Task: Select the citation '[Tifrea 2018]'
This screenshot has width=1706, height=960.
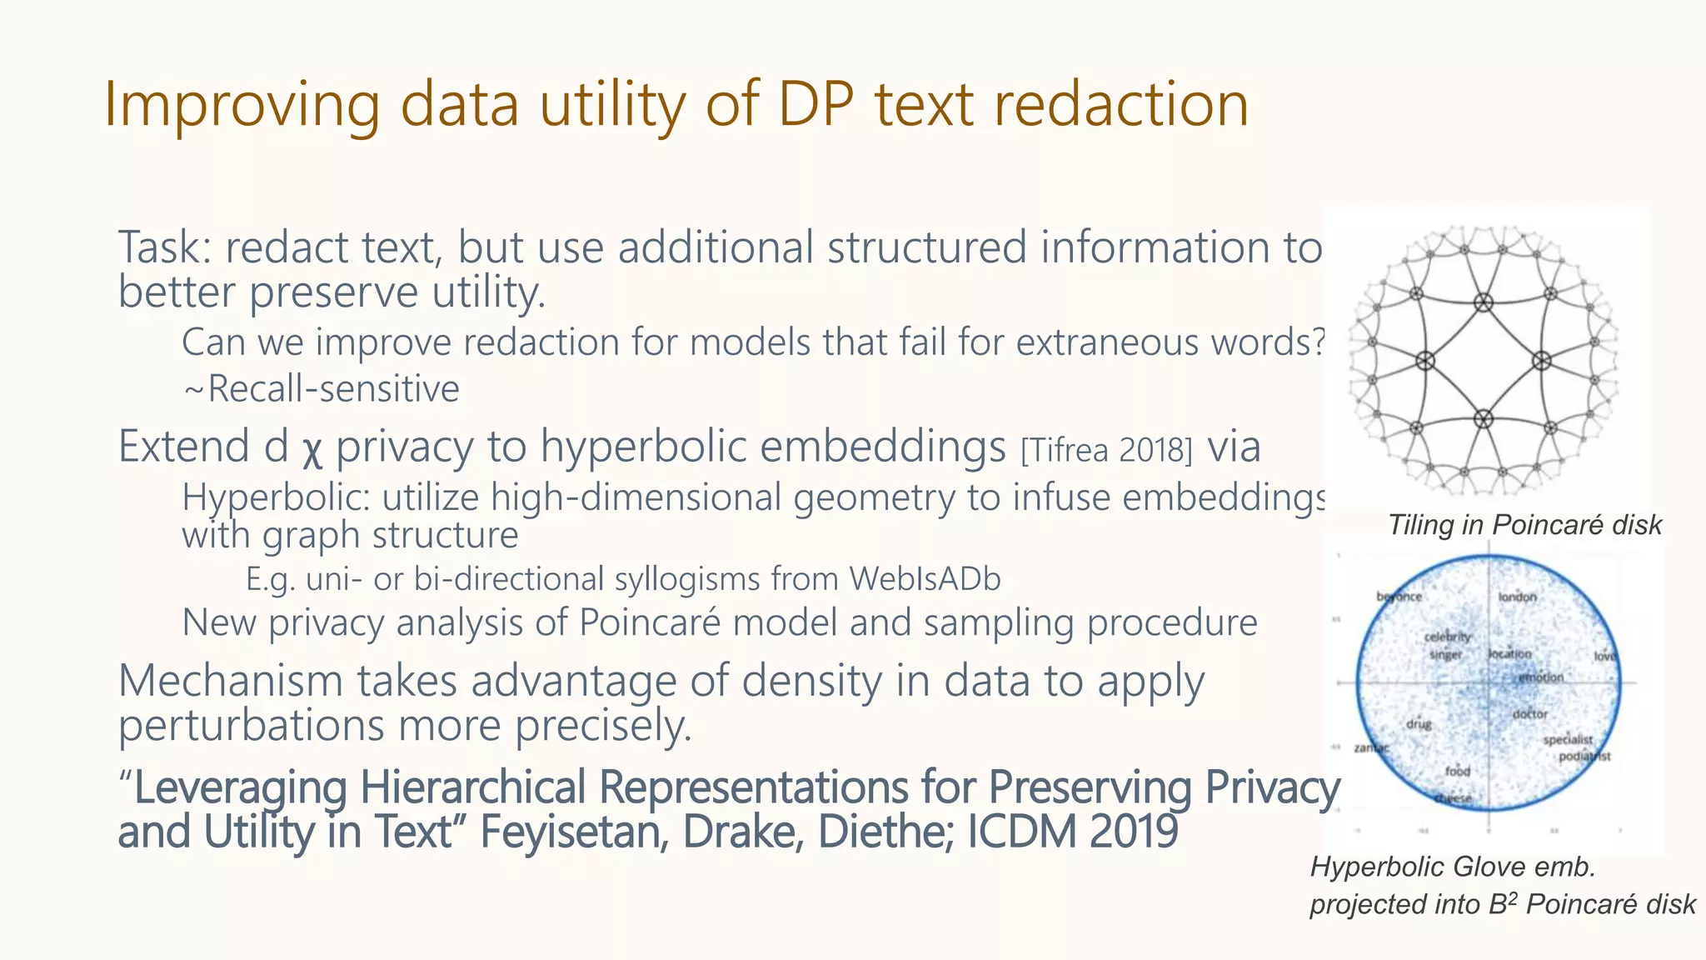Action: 1106,451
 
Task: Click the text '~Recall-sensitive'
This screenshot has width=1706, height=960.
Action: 321,389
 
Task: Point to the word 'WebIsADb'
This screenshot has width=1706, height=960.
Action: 925,578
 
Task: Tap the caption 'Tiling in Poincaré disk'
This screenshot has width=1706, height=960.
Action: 1524,525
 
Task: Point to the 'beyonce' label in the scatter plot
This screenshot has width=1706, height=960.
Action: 1399,597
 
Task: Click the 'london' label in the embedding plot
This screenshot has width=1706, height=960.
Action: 1517,597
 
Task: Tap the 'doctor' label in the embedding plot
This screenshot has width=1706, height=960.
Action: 1530,714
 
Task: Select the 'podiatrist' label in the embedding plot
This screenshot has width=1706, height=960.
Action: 1584,757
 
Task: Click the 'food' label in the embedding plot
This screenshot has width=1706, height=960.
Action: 1458,771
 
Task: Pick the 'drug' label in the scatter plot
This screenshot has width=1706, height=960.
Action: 1419,724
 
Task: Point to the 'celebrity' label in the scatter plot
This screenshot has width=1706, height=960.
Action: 1447,637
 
